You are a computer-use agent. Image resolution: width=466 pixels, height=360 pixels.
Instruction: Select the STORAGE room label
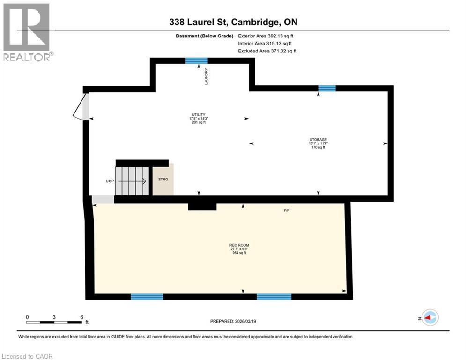(318, 139)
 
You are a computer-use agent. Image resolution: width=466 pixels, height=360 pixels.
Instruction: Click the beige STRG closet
(163, 180)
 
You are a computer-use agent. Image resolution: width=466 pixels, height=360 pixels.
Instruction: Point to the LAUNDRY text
(206, 76)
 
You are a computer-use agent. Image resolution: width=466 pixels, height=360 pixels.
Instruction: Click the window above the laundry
(196, 60)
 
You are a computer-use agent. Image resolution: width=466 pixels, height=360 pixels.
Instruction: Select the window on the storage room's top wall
(327, 89)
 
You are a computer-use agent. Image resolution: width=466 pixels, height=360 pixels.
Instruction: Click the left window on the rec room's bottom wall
(147, 296)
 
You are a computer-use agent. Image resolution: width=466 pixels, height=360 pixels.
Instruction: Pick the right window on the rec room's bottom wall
(274, 296)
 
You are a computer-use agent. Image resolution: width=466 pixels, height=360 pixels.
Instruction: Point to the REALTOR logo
(27, 32)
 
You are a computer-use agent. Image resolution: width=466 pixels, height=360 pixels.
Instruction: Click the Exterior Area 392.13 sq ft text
(266, 36)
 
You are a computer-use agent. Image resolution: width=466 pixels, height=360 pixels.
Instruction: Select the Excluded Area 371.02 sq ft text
(267, 51)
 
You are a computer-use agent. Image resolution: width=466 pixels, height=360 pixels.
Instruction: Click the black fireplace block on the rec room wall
(202, 207)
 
